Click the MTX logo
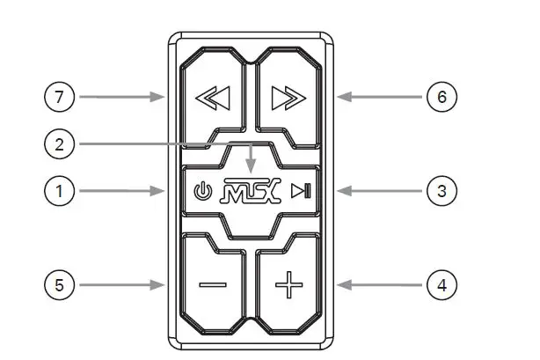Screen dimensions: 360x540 tap(252, 191)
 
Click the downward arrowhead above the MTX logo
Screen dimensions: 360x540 tap(252, 166)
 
